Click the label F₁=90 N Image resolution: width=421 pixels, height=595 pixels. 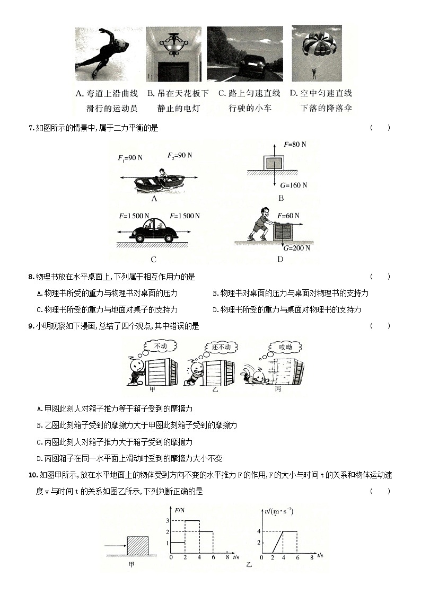130,158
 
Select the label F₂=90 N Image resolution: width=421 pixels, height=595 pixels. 180,156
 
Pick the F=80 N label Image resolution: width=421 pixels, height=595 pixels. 295,144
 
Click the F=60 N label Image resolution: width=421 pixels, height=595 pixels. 288,216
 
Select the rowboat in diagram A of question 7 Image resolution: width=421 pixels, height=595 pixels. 154,180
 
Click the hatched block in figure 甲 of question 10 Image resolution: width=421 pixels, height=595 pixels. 137,546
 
